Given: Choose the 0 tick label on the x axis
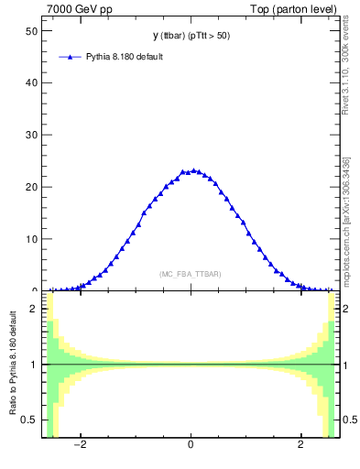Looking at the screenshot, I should [191, 446].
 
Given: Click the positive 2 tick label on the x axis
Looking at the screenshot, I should [301, 446].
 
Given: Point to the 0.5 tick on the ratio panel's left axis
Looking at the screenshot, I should [28, 420].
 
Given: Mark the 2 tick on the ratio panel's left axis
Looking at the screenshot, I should [33, 309].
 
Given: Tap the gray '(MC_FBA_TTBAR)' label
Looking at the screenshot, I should [191, 274].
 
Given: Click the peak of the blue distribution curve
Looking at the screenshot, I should [192, 170].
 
